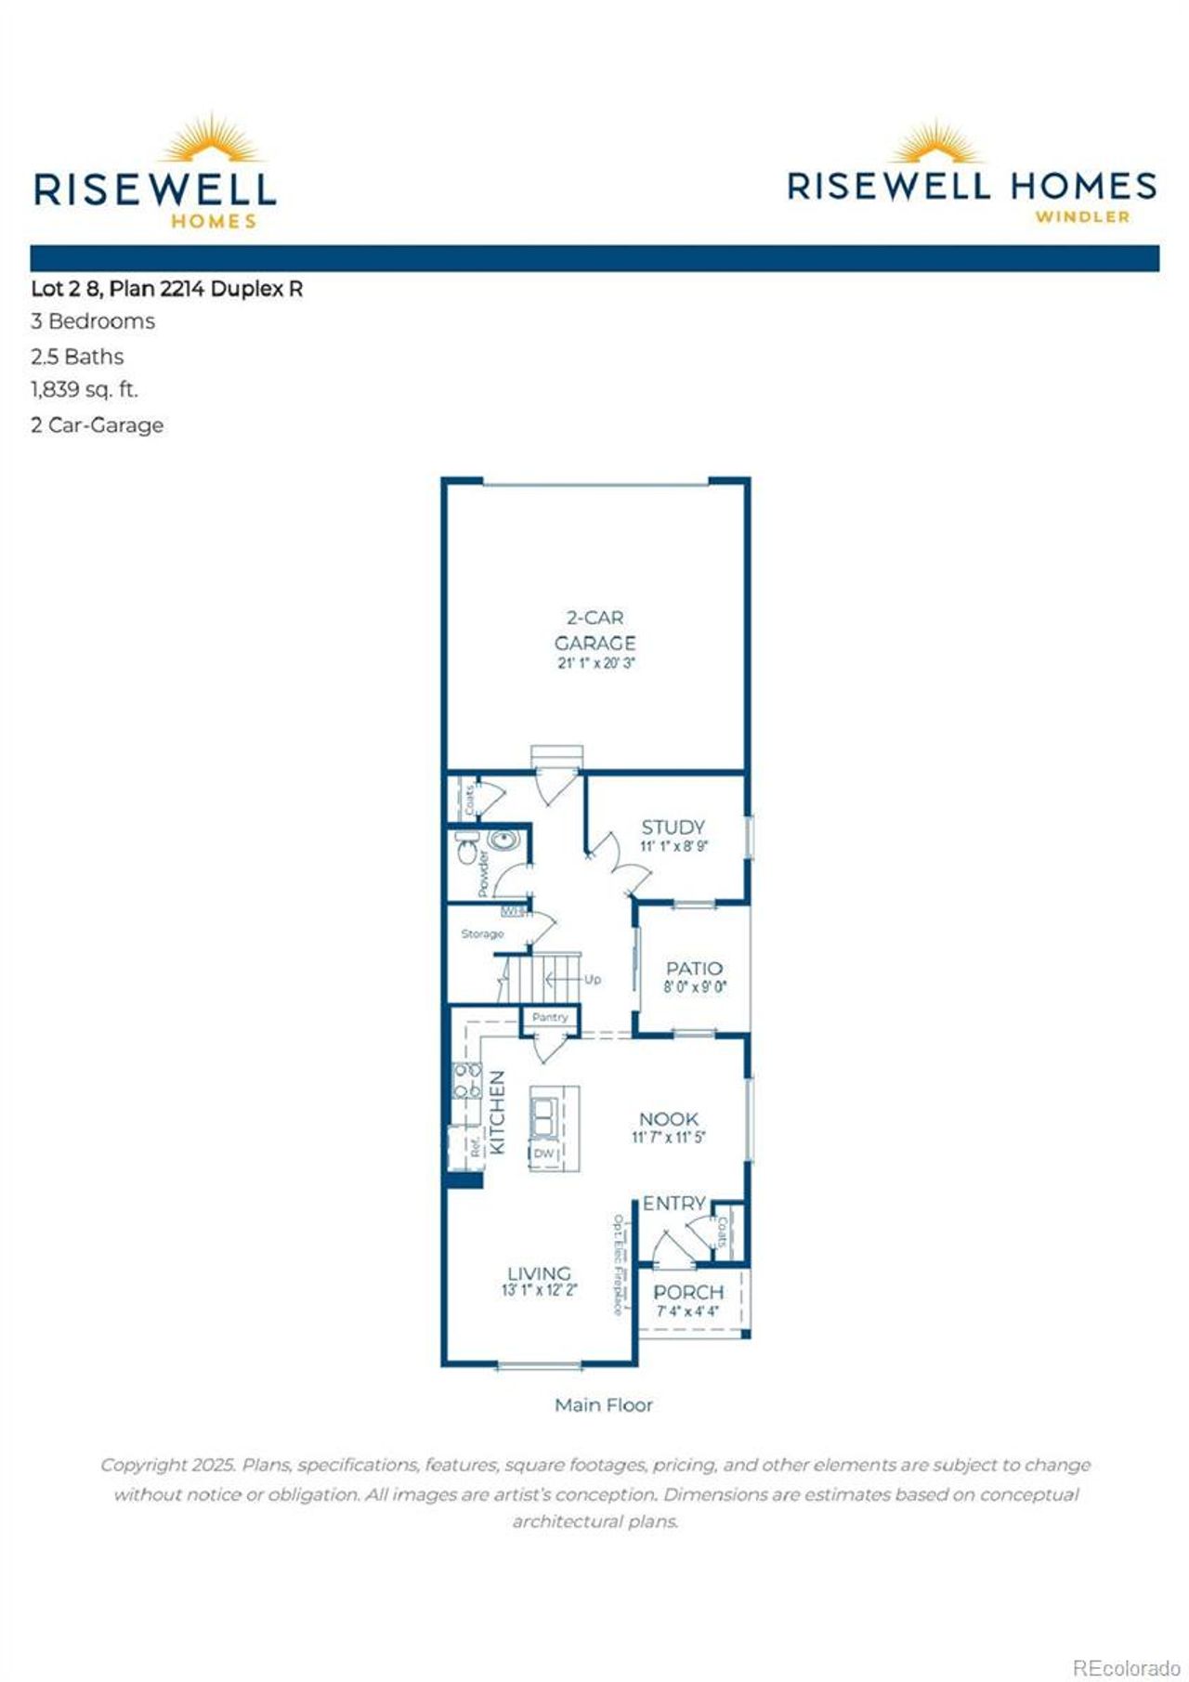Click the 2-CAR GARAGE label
pyautogui.click(x=594, y=631)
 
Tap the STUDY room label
pyautogui.click(x=673, y=827)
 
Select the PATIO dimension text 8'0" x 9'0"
pyautogui.click(x=694, y=987)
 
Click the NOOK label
pyautogui.click(x=668, y=1119)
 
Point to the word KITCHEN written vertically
pyautogui.click(x=498, y=1112)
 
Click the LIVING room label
pyautogui.click(x=539, y=1273)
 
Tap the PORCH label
pyautogui.click(x=687, y=1292)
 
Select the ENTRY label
pyautogui.click(x=674, y=1203)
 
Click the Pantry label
pyautogui.click(x=550, y=1017)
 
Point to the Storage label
pyautogui.click(x=482, y=933)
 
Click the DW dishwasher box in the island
pyautogui.click(x=543, y=1154)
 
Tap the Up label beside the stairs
pyautogui.click(x=593, y=979)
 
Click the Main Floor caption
pyautogui.click(x=603, y=1404)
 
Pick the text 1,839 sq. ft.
pyautogui.click(x=85, y=390)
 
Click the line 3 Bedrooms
pyautogui.click(x=93, y=321)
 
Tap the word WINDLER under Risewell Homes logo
pyautogui.click(x=1082, y=217)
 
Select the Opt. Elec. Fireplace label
pyautogui.click(x=617, y=1264)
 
